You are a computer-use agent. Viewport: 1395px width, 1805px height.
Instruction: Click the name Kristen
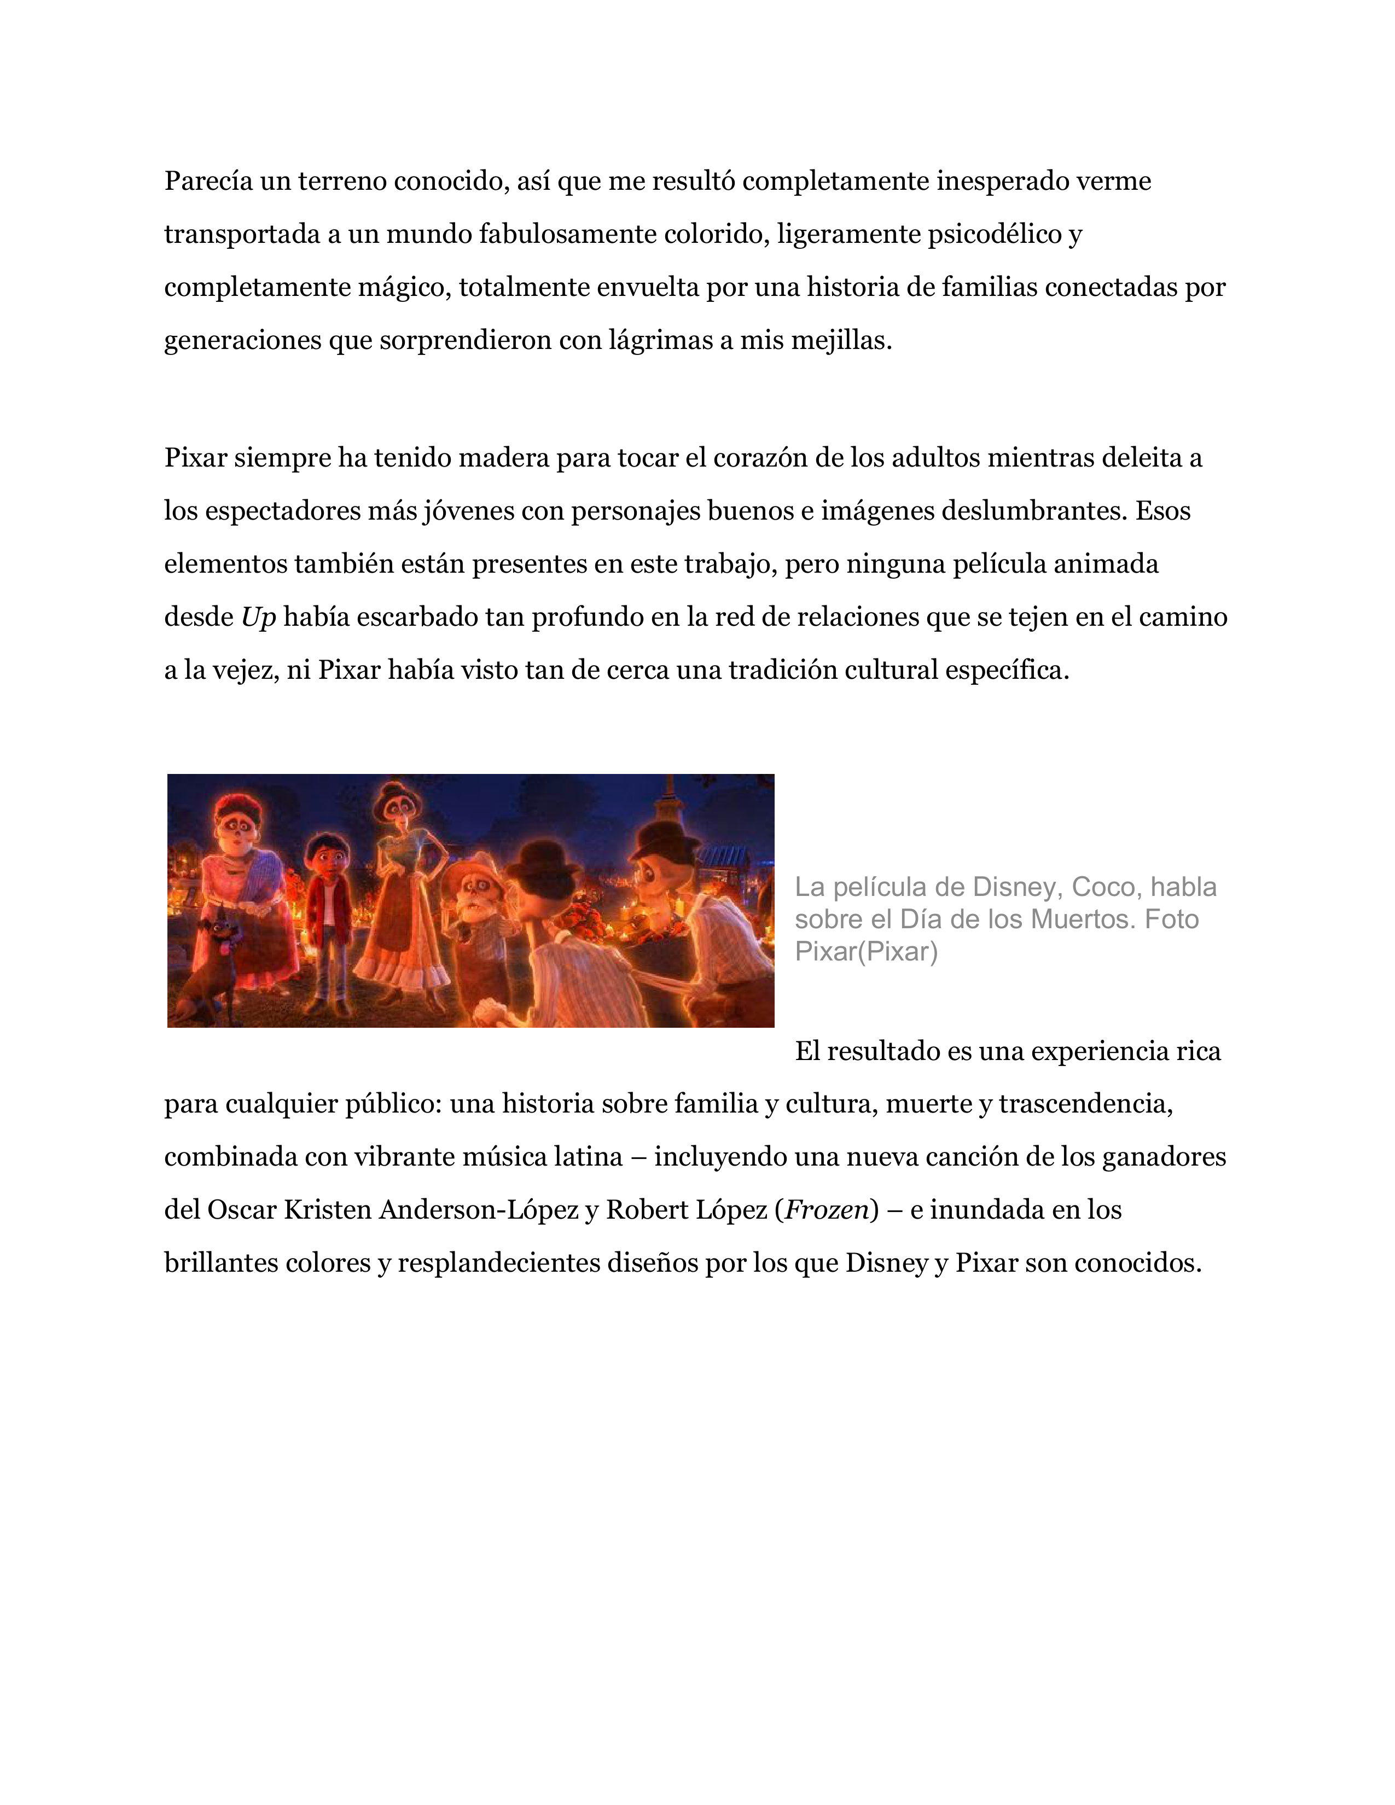point(327,1210)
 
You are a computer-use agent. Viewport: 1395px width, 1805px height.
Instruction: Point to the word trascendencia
point(1085,1104)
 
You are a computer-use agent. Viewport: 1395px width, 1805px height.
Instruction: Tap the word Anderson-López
point(479,1210)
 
